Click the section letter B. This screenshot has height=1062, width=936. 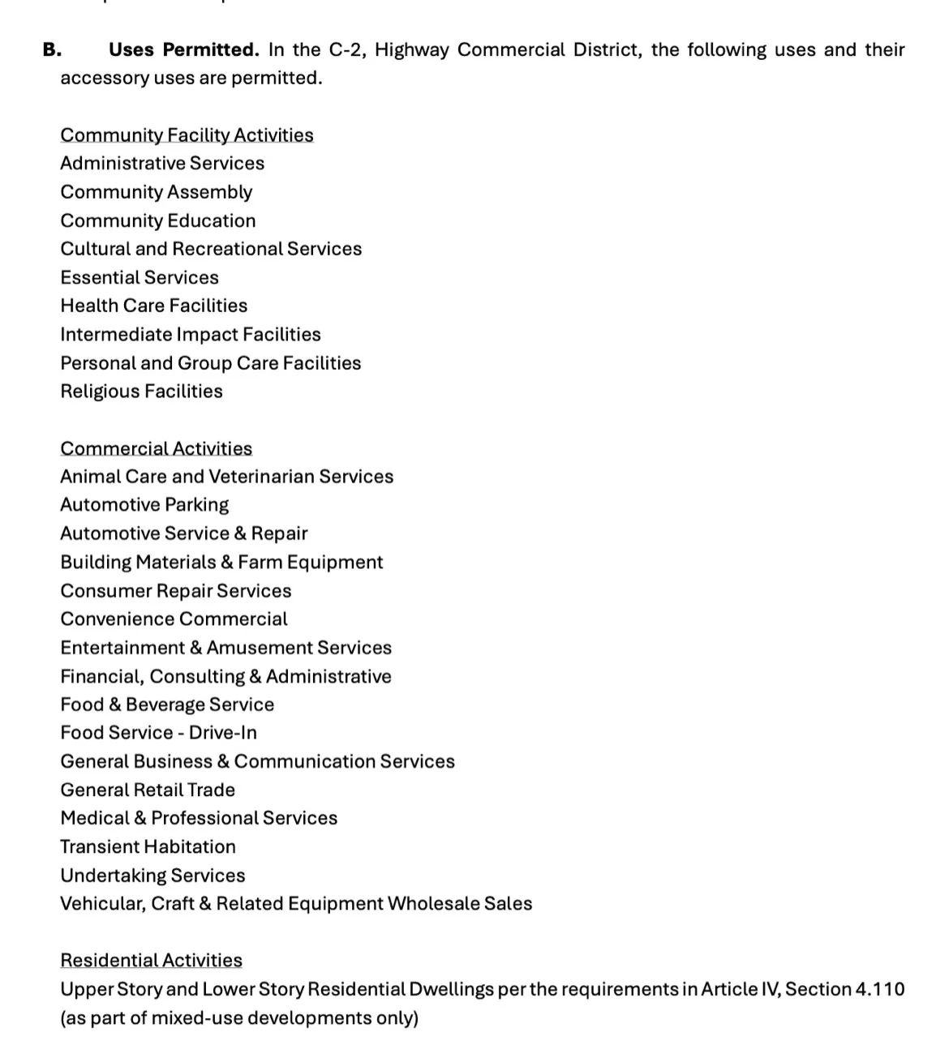(52, 50)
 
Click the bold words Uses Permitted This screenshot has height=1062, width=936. (183, 50)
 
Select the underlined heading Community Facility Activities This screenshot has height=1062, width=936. (187, 135)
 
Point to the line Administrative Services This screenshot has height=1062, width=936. (162, 163)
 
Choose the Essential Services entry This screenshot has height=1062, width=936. (140, 277)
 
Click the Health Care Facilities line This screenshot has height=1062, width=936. (153, 306)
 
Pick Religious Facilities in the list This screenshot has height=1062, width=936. (141, 392)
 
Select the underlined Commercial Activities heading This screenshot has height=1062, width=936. (156, 448)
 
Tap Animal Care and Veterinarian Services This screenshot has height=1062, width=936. (226, 477)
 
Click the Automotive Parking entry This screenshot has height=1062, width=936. (144, 505)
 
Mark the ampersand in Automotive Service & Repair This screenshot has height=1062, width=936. (240, 533)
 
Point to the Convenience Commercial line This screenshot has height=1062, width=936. (174, 619)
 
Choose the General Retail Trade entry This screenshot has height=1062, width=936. (148, 790)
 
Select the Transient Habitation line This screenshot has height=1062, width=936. (148, 846)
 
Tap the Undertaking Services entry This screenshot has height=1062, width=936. (152, 876)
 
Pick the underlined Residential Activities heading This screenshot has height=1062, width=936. (151, 961)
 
